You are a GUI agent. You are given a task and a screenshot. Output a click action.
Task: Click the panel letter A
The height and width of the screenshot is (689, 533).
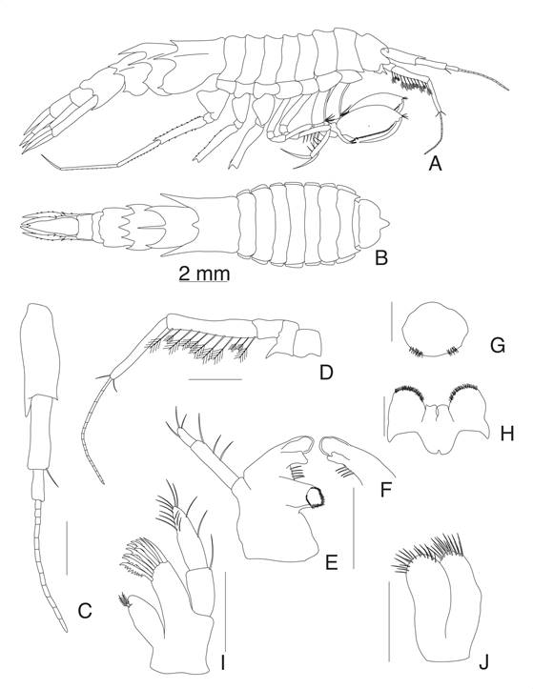pyautogui.click(x=435, y=164)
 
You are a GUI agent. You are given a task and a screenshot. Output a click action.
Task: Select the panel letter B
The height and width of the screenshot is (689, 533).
pyautogui.click(x=380, y=258)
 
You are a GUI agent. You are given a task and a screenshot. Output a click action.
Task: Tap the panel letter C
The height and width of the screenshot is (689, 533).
pyautogui.click(x=85, y=610)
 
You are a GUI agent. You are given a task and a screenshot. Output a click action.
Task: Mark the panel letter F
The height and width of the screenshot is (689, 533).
pyautogui.click(x=385, y=490)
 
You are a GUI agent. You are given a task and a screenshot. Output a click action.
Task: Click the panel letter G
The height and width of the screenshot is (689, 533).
pyautogui.click(x=498, y=346)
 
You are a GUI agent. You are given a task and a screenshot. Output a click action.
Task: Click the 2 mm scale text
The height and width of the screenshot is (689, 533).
pyautogui.click(x=204, y=274)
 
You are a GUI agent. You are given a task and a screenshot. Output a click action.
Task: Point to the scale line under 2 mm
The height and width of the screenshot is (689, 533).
pyautogui.click(x=204, y=282)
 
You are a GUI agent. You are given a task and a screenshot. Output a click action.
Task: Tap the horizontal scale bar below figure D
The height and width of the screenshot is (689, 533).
pyautogui.click(x=215, y=379)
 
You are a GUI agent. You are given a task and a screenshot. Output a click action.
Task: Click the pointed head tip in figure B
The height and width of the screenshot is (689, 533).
pyautogui.click(x=389, y=225)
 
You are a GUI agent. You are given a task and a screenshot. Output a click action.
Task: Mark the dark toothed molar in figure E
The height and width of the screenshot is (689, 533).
pyautogui.click(x=315, y=497)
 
